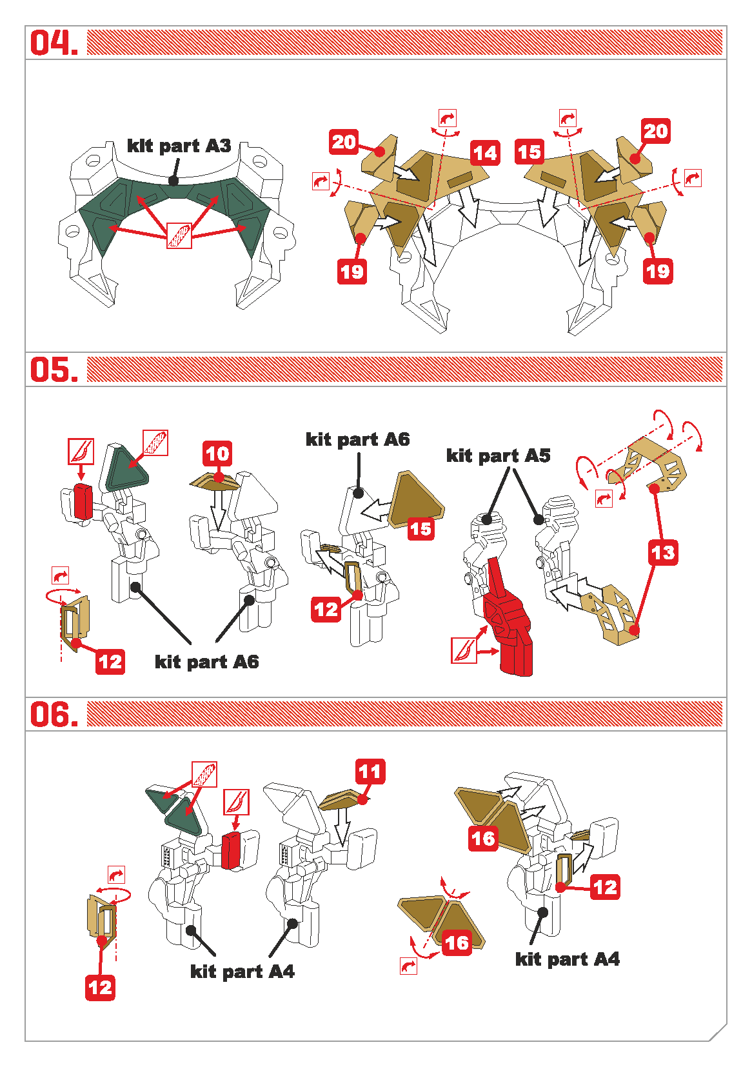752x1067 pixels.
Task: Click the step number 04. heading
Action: tap(54, 43)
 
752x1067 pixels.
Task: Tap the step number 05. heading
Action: tap(54, 370)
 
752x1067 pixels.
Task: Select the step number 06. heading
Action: tap(54, 715)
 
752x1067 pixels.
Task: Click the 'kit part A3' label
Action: tap(179, 146)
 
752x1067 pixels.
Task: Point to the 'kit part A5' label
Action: tap(498, 456)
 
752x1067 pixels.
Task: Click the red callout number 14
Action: tap(485, 153)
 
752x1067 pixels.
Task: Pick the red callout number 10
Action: tap(217, 454)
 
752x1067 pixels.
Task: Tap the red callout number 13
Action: tap(663, 553)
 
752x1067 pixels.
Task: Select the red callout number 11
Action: tap(370, 772)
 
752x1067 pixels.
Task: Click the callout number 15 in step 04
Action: tap(529, 152)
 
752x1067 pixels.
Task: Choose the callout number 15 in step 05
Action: tap(421, 529)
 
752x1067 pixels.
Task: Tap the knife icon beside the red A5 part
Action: tap(464, 651)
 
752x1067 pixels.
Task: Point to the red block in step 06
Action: tap(232, 850)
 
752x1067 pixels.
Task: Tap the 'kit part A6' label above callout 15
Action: tap(357, 439)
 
